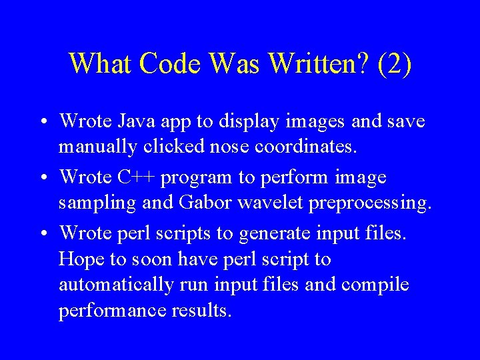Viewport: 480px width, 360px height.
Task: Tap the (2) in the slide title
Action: (x=395, y=64)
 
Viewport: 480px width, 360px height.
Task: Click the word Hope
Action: (x=78, y=258)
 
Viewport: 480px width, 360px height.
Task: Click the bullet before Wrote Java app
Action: (x=42, y=123)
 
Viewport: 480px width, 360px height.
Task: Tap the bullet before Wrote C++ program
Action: (x=42, y=179)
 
